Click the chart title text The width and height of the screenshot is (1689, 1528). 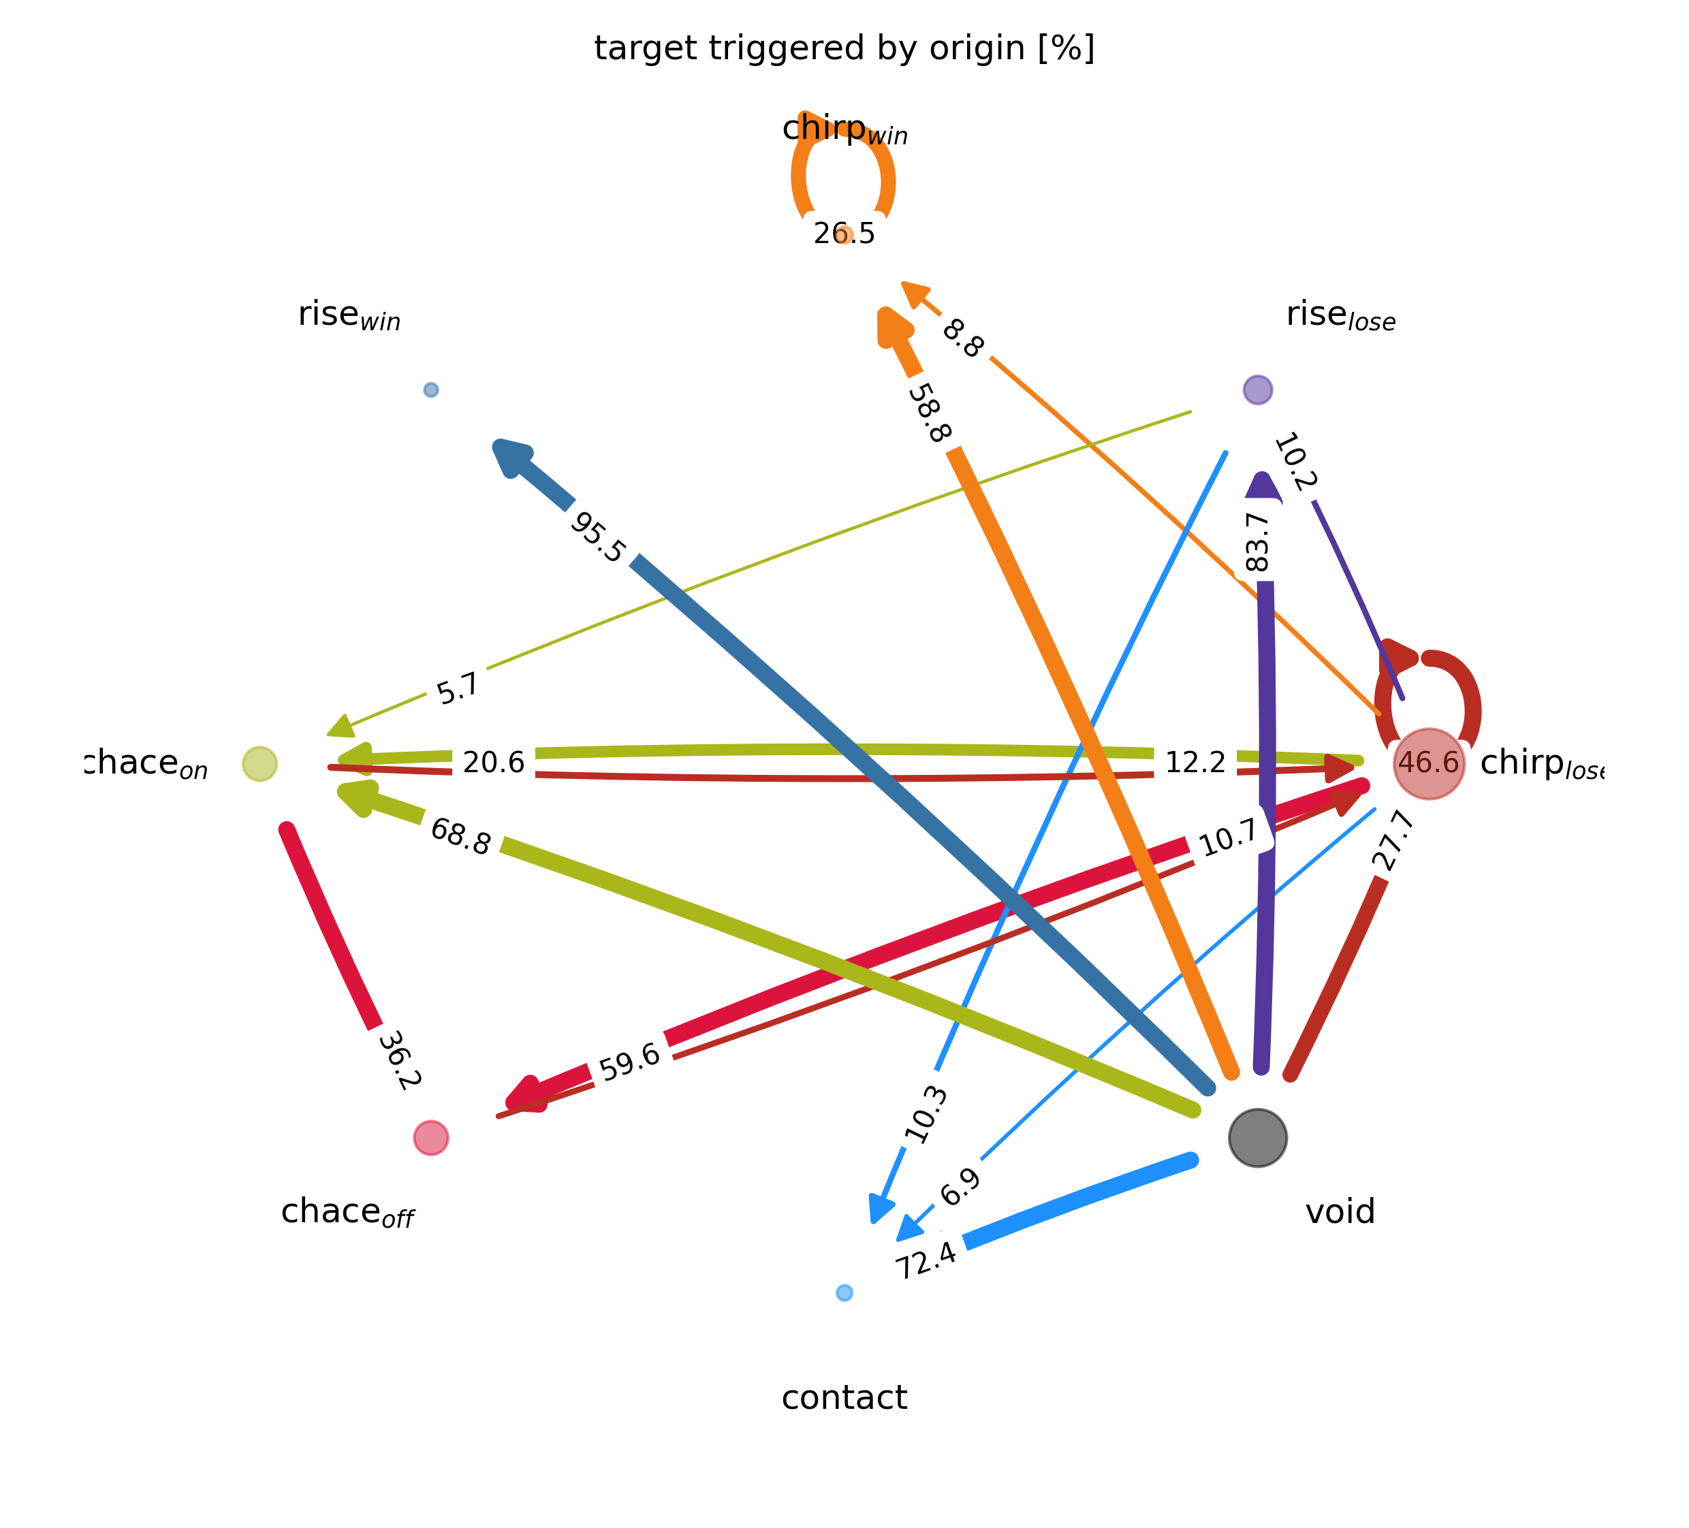click(x=844, y=48)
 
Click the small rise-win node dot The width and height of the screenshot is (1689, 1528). click(x=430, y=389)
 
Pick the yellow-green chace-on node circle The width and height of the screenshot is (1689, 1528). click(x=259, y=763)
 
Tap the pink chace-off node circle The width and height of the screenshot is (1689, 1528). click(x=430, y=1138)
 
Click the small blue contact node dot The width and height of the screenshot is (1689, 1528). click(x=844, y=1292)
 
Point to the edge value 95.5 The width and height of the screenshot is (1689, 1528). click(x=597, y=538)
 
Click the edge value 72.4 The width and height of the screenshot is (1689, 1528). click(x=926, y=1259)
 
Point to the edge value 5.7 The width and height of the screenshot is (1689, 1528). click(x=458, y=688)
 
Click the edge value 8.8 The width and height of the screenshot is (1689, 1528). click(x=962, y=339)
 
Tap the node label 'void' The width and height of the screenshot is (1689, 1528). click(x=1340, y=1211)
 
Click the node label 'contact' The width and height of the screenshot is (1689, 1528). click(x=844, y=1397)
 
